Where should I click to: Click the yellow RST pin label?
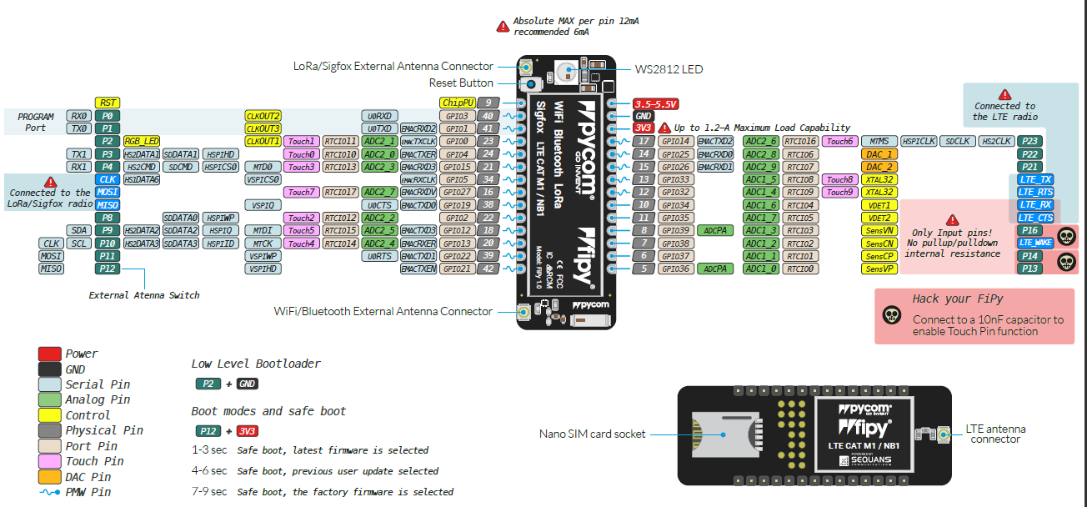click(107, 103)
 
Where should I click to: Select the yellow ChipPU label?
click(458, 103)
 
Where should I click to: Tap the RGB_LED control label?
click(142, 142)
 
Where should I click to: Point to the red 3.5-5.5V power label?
click(656, 103)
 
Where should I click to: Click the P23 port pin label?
click(1029, 142)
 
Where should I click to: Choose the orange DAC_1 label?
click(879, 154)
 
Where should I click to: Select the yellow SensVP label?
click(879, 269)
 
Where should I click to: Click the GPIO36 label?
click(675, 269)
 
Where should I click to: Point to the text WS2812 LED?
click(669, 69)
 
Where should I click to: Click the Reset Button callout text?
click(461, 83)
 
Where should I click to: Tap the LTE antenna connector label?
click(995, 434)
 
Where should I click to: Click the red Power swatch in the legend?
click(50, 354)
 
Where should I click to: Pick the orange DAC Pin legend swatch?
click(50, 477)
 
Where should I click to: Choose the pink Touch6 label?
click(839, 142)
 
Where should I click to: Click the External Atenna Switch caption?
click(144, 295)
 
